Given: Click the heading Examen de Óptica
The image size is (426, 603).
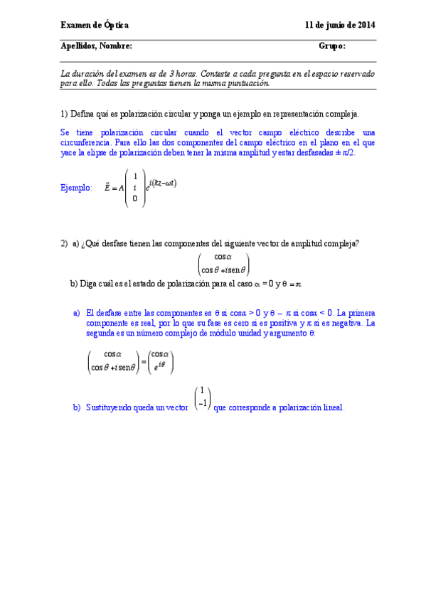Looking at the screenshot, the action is tap(95, 25).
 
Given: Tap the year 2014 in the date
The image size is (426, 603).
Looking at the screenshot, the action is tap(365, 25).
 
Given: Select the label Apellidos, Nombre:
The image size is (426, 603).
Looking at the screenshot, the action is tap(96, 46).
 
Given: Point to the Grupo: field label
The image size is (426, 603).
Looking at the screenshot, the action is tap(332, 46).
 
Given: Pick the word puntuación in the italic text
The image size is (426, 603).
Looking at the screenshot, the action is tap(249, 82).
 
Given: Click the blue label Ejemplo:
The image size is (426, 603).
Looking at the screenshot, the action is tap(77, 188).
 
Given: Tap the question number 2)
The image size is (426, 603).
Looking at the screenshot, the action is tap(64, 244).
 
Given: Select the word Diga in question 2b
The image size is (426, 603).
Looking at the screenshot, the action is tap(88, 283).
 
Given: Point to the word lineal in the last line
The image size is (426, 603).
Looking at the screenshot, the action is tap(332, 407).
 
